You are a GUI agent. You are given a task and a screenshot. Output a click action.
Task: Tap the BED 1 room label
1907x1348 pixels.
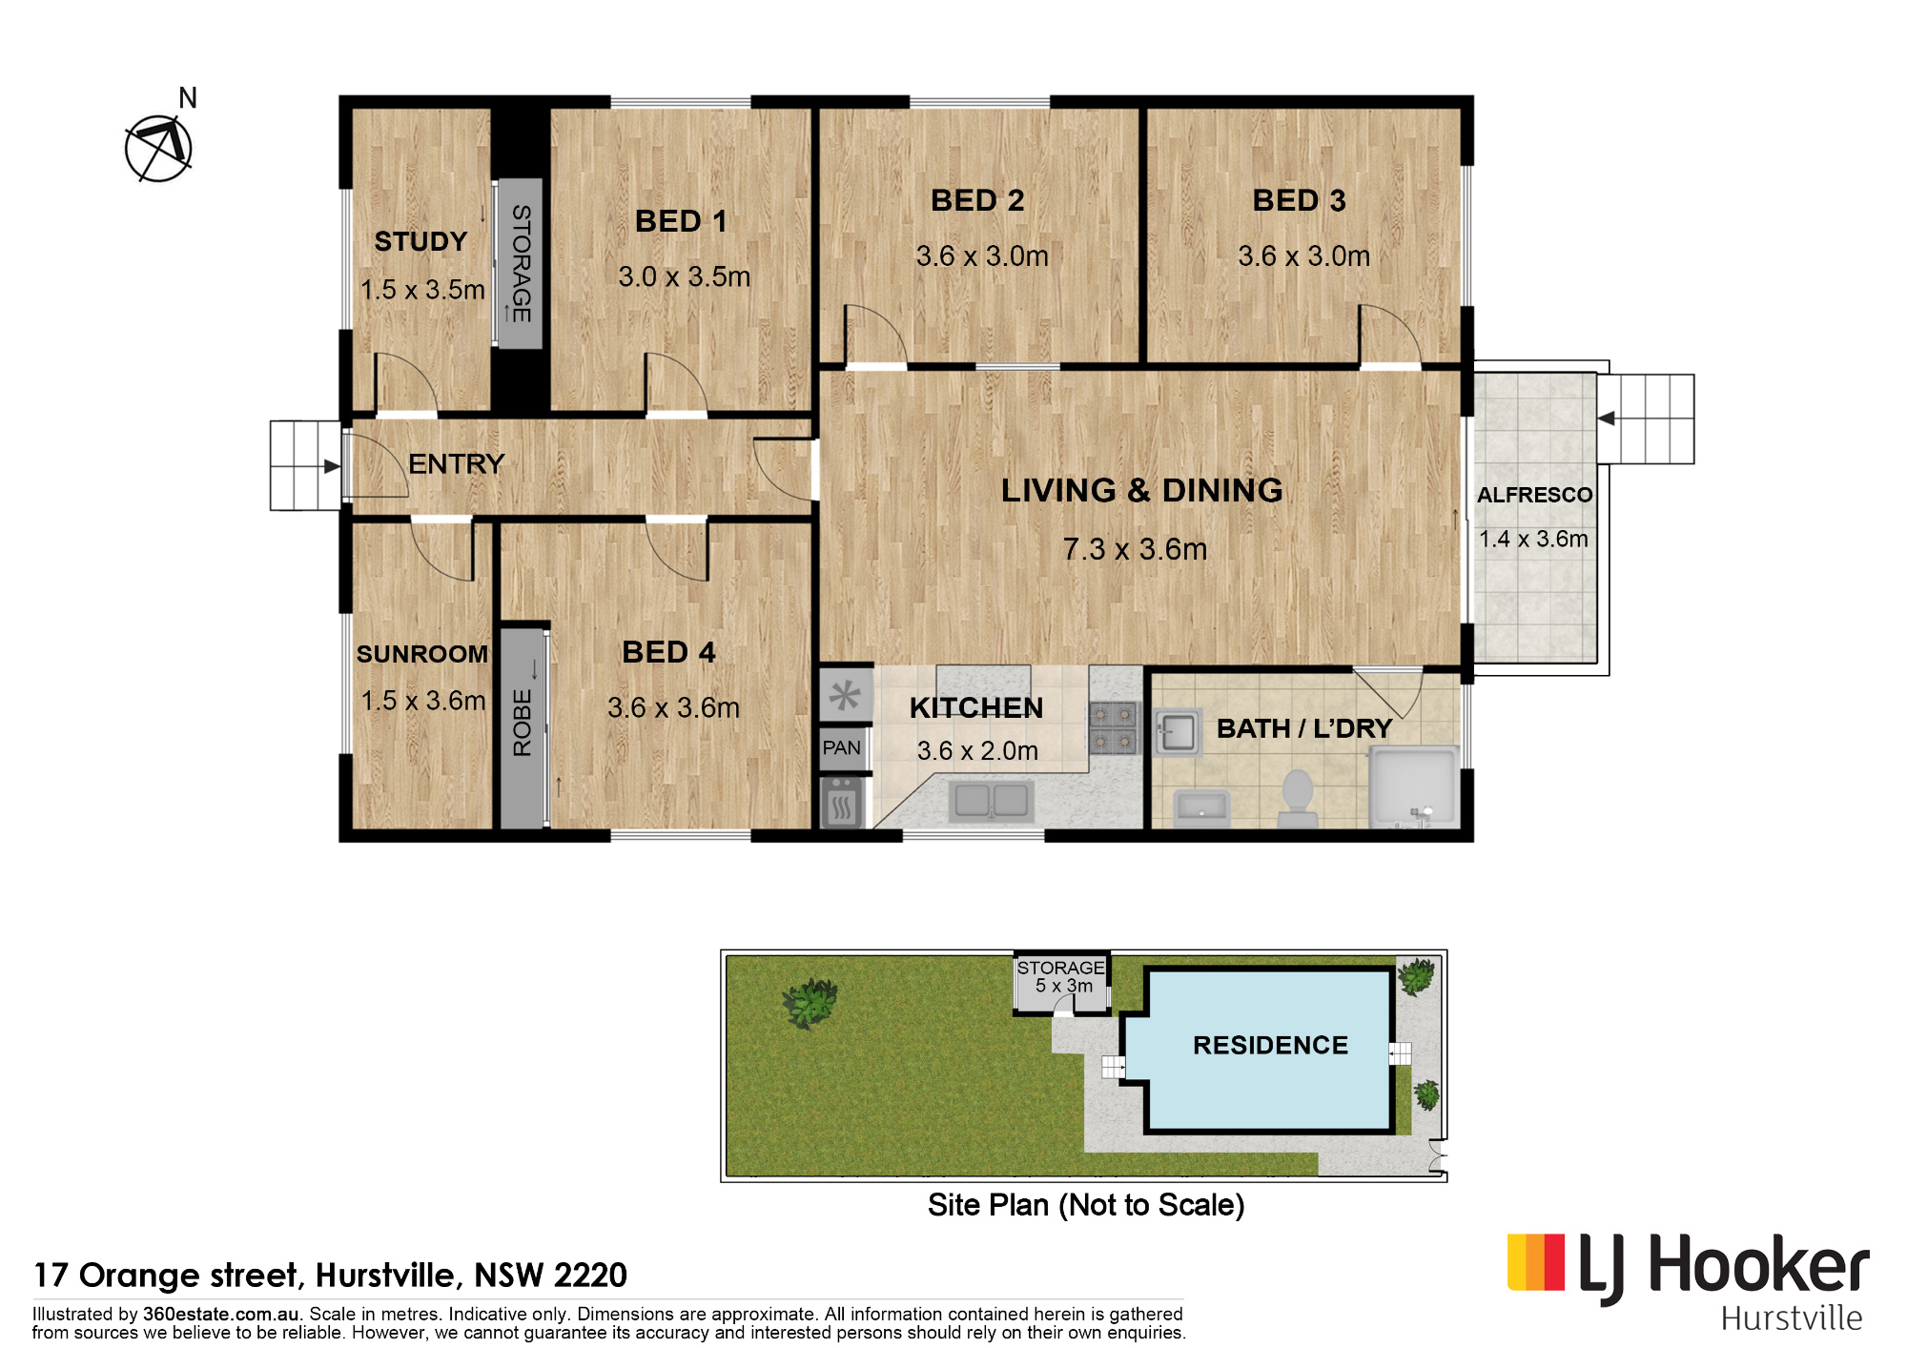tap(681, 221)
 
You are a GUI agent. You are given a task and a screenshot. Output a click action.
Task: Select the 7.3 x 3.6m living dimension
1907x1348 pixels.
tap(1135, 549)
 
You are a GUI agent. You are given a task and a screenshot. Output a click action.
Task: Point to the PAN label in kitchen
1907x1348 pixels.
tap(841, 748)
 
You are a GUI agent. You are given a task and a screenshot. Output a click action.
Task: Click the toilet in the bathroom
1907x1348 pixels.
tap(1297, 799)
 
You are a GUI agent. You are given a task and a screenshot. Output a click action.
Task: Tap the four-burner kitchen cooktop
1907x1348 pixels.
tap(1114, 727)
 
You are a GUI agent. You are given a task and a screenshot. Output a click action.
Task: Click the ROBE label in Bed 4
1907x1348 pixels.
tap(523, 724)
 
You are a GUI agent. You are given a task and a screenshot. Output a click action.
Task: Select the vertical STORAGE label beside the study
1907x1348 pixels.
tap(522, 263)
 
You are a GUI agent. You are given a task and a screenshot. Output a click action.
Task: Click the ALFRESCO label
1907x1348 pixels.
tap(1534, 495)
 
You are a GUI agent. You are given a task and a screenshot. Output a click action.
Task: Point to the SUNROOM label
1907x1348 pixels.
tap(422, 654)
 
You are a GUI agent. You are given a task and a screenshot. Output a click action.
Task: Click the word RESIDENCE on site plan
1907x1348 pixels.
tap(1270, 1045)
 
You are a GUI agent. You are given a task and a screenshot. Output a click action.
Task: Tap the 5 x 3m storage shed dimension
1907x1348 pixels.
tap(1064, 986)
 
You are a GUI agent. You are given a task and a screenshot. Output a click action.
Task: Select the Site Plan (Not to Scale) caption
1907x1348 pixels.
tap(1086, 1205)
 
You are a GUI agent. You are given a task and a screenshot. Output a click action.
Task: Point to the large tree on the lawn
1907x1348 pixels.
tap(810, 1003)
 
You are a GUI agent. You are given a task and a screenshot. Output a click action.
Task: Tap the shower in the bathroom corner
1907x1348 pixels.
tap(1414, 786)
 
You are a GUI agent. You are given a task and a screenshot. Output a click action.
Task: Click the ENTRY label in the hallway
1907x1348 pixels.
tap(456, 464)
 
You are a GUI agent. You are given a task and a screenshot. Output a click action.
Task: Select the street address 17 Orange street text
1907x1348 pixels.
tap(330, 1275)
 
